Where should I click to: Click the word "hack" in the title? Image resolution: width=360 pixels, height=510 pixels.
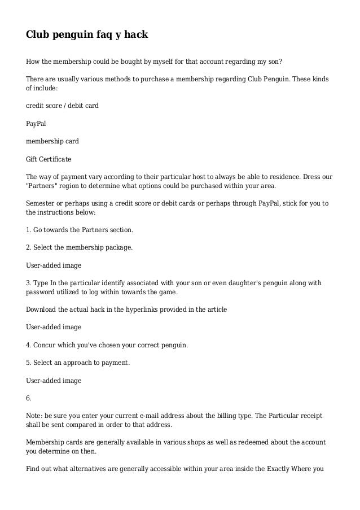(x=134, y=34)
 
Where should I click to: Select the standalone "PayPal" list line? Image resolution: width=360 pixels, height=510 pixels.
(x=36, y=122)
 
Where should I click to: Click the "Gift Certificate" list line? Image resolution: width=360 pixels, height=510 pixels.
(x=49, y=159)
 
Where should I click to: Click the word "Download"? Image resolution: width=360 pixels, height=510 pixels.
(x=41, y=309)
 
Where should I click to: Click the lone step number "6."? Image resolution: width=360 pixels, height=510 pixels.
(x=29, y=398)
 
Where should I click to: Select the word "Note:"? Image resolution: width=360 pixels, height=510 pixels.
(x=35, y=416)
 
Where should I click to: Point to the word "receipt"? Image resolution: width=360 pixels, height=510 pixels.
(x=309, y=416)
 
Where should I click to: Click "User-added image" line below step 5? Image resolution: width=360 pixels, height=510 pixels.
(x=54, y=380)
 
